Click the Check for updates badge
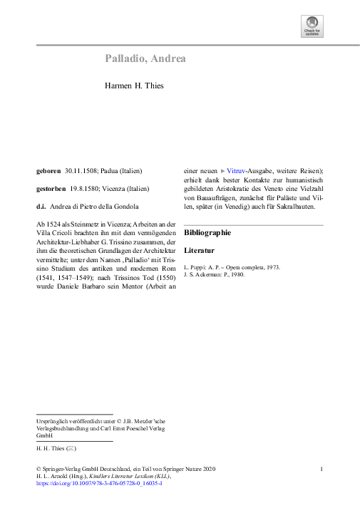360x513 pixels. (x=312, y=28)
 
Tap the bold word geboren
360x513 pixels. (x=48, y=171)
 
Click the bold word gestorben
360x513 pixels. (x=52, y=189)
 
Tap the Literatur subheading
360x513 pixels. (x=199, y=251)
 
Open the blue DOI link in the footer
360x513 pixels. (x=99, y=483)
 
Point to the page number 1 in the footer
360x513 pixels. (x=322, y=468)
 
